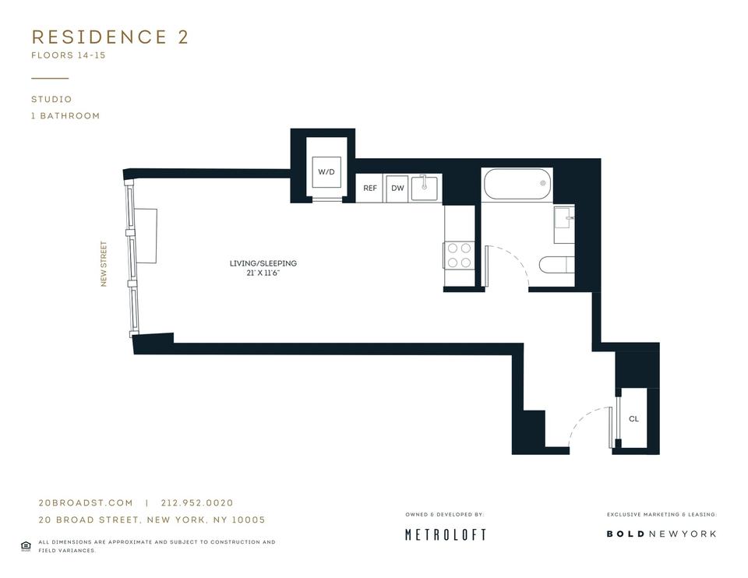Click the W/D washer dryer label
326,172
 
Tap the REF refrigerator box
369,189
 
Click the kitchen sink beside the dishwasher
424,188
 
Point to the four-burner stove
459,256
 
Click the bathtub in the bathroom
517,184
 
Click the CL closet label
633,419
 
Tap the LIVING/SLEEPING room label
263,263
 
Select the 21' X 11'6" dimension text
263,273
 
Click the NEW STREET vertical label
104,264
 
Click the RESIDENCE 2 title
110,37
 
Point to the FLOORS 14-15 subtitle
69,55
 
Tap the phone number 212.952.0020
197,502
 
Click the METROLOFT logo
446,534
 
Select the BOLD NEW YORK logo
662,534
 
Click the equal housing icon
26,546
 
